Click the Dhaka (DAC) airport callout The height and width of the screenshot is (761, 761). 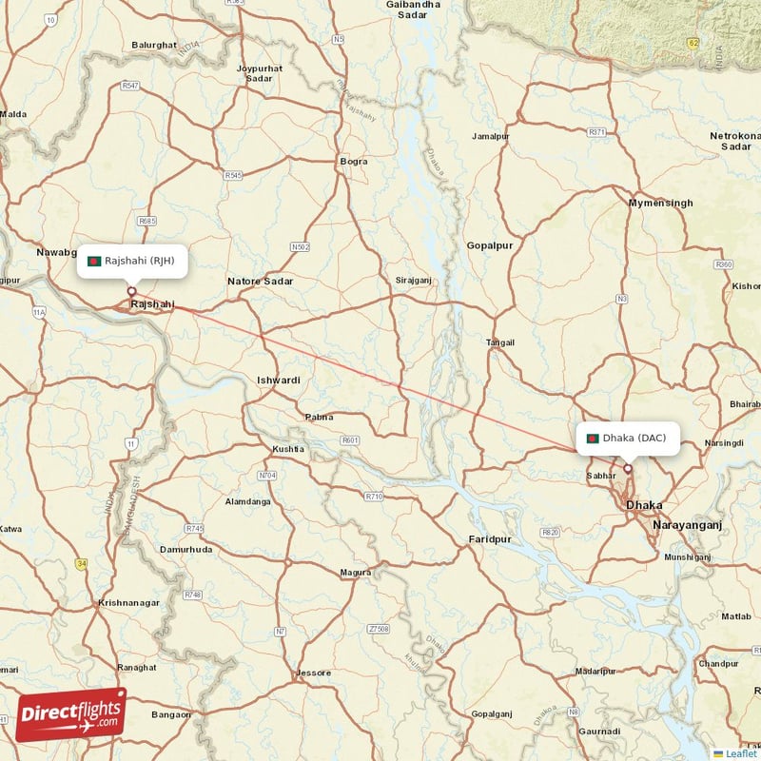click(x=628, y=438)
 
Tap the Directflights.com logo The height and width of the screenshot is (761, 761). click(x=71, y=714)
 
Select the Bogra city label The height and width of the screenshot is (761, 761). click(x=353, y=162)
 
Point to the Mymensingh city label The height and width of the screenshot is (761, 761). click(x=660, y=204)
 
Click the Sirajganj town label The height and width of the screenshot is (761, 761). click(x=414, y=281)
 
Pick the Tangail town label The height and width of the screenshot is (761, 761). click(x=499, y=342)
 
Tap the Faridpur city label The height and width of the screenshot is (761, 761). click(x=490, y=539)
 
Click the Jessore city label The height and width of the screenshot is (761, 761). click(x=313, y=673)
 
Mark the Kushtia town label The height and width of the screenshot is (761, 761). click(x=288, y=448)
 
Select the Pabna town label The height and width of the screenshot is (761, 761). click(x=318, y=418)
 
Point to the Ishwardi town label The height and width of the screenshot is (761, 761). click(x=279, y=380)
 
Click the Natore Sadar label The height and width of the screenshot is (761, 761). click(x=260, y=282)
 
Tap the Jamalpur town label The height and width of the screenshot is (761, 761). click(x=491, y=137)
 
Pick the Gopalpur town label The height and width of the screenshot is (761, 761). click(x=490, y=245)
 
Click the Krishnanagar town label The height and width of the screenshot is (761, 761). click(x=132, y=604)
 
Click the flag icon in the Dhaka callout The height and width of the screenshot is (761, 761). click(x=593, y=439)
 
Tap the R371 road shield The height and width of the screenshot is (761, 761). click(x=597, y=132)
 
